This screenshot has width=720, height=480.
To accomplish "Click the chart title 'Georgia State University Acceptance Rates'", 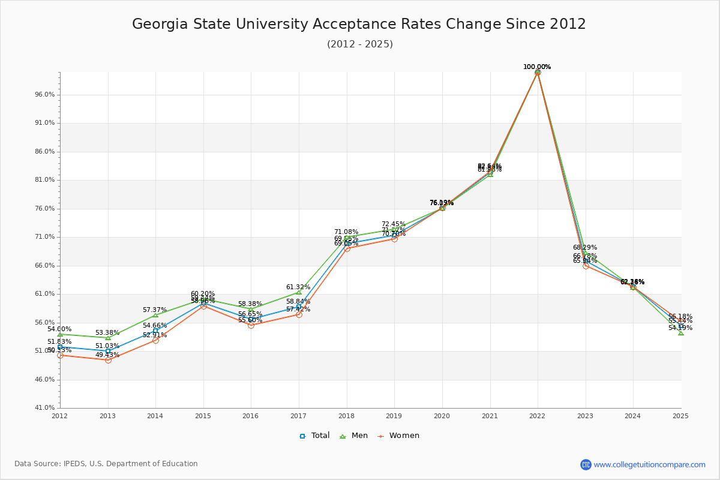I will (x=359, y=24).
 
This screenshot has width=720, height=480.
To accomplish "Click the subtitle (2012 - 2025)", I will (x=360, y=44).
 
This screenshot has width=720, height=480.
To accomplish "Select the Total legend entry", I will (x=315, y=436).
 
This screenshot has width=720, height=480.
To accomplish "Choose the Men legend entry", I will (x=355, y=436).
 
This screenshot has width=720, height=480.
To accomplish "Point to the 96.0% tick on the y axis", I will (x=46, y=95).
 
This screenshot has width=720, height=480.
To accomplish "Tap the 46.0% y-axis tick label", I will (x=46, y=380).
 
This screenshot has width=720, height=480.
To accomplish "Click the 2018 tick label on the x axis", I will (x=346, y=416).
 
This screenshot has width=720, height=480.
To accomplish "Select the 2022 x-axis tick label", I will (x=537, y=416).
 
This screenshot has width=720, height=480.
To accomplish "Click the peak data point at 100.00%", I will (x=538, y=72).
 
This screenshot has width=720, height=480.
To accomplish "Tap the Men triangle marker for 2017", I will (x=299, y=292).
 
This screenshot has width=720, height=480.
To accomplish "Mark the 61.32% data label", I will (x=298, y=287).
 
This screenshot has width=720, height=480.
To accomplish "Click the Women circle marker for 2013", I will (x=108, y=360).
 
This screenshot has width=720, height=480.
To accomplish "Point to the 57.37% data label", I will (x=155, y=310).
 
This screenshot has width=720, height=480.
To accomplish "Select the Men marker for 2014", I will (x=155, y=315).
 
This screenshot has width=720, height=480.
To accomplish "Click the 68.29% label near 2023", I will (x=585, y=248).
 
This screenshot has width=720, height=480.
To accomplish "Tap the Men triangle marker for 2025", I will (x=681, y=332).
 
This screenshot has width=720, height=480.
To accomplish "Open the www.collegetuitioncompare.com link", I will (x=649, y=464).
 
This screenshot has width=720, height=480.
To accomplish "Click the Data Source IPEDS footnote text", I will (x=106, y=464).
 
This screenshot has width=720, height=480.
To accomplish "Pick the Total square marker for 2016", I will (x=251, y=319).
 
